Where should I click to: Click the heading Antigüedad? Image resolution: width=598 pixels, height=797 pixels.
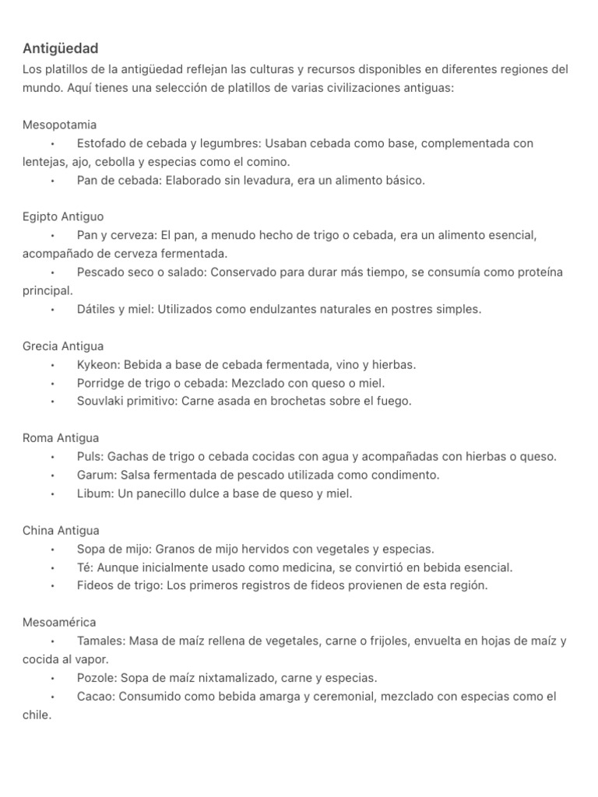click(61, 48)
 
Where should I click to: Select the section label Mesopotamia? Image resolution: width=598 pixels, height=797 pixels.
click(60, 125)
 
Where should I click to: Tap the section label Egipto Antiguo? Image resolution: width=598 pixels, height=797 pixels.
click(63, 216)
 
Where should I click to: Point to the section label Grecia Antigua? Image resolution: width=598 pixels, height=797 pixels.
click(63, 346)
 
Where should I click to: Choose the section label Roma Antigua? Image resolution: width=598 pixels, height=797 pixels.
click(61, 438)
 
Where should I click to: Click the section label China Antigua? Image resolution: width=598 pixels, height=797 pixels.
click(61, 530)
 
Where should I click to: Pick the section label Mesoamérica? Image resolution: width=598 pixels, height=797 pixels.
click(59, 623)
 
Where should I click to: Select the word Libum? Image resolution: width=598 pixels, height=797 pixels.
click(93, 493)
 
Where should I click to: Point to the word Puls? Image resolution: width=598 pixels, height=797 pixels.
click(89, 457)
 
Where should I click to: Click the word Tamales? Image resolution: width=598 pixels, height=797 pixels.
click(100, 641)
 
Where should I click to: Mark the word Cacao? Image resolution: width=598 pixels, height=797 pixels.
click(94, 697)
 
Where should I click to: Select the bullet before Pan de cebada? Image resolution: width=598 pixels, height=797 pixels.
click(52, 181)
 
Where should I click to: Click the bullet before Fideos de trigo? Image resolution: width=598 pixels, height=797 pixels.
click(52, 586)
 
